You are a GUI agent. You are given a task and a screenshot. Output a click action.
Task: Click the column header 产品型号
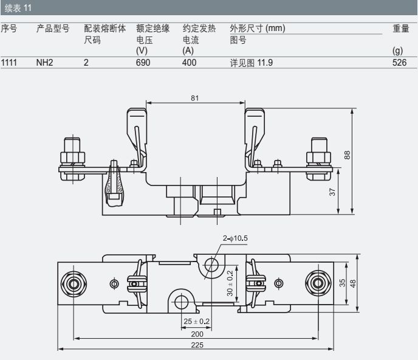point(53,29)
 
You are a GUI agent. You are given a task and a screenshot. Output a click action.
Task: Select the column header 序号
point(9,29)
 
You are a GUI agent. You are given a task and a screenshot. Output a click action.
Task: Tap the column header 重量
point(400,29)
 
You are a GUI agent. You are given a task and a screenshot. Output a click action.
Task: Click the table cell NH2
point(45,62)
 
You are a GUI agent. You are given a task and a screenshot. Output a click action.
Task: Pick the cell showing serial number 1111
point(9,62)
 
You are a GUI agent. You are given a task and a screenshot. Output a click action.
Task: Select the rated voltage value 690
point(143,62)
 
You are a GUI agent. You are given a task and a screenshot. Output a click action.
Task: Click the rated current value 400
point(190,62)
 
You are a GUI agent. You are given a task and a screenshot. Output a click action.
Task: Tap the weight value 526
point(399,62)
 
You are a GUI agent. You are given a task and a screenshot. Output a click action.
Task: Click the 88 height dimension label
point(348,155)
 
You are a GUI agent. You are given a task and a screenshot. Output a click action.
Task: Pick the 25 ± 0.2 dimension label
point(196,320)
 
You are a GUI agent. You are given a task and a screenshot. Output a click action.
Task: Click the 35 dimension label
point(342,282)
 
